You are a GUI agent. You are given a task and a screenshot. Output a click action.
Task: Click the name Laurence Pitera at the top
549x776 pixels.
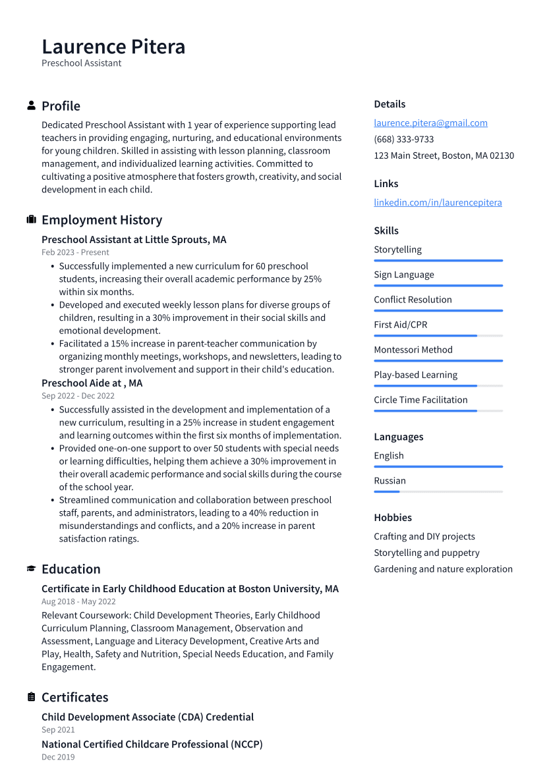tap(113, 47)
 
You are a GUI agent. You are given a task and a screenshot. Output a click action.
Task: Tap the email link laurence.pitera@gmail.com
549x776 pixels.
tap(430, 123)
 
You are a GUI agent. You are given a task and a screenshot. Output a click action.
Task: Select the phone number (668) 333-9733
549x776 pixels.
tap(403, 139)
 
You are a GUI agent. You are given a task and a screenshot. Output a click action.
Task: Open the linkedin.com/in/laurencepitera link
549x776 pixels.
tap(438, 202)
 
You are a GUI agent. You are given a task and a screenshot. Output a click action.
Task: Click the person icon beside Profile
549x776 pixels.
tap(31, 105)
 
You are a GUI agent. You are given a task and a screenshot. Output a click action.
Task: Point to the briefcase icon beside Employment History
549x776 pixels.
tap(31, 219)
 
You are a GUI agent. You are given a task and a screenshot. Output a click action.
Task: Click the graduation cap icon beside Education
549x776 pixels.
tap(31, 568)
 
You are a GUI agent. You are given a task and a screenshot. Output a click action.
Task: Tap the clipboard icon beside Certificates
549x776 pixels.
tap(31, 697)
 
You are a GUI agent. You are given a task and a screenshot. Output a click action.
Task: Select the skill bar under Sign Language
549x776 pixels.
tap(438, 285)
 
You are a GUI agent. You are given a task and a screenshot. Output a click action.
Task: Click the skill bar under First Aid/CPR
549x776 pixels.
tap(438, 335)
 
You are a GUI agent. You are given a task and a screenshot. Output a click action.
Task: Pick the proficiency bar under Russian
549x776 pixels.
tap(438, 491)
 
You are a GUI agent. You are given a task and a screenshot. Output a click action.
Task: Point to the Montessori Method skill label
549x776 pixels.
tap(413, 350)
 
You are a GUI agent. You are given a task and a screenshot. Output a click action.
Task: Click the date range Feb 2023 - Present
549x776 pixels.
tap(75, 252)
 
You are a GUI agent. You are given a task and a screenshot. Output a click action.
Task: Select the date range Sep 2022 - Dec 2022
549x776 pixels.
tap(78, 396)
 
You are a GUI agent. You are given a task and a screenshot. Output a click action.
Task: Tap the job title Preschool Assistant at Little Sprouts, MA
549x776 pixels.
tap(134, 240)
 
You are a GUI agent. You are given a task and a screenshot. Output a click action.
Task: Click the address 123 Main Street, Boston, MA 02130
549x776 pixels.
tap(444, 155)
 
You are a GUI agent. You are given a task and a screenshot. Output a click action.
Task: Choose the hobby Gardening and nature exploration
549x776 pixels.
tap(443, 569)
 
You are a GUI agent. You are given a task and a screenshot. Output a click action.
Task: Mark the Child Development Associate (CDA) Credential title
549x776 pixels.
tap(148, 717)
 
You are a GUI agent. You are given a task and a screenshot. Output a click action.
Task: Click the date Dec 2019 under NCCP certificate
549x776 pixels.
tap(58, 757)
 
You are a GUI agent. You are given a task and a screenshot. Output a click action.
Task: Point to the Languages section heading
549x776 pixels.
tap(398, 437)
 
